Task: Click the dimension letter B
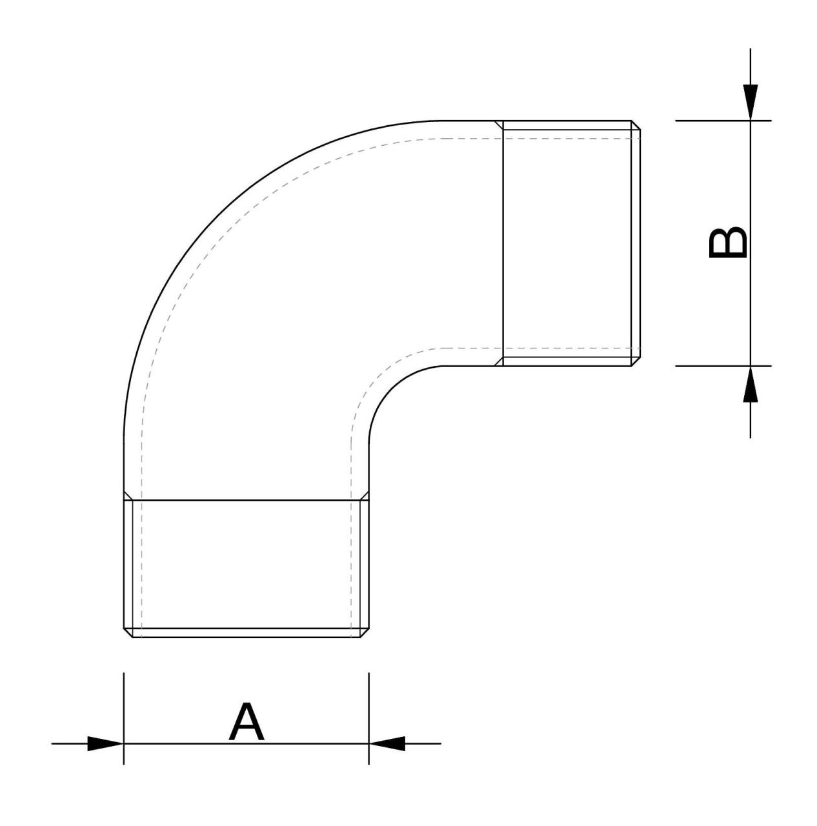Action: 727,242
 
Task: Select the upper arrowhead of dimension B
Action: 750,103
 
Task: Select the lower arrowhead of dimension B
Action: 750,384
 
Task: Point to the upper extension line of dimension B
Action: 723,121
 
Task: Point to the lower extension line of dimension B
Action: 723,366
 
